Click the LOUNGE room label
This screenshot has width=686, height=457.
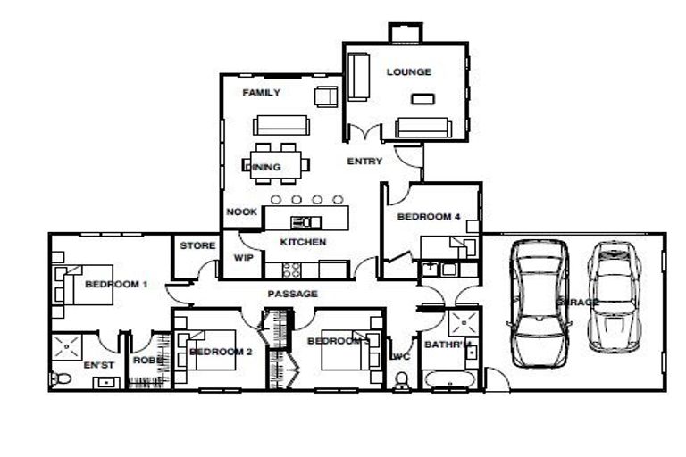point(408,72)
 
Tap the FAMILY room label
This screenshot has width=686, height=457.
point(261,93)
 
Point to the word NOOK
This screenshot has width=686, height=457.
point(241,212)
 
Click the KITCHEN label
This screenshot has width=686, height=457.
point(303,242)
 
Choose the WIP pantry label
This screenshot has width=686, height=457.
point(243,258)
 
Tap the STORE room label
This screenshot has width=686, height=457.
point(197,246)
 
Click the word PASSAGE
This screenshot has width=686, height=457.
point(292,294)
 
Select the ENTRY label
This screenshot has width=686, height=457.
point(364,162)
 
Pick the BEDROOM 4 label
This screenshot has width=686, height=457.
point(429,217)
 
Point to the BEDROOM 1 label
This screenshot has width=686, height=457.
point(115,285)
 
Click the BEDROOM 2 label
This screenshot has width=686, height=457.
point(221,352)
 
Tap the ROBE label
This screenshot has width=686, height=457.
point(145,361)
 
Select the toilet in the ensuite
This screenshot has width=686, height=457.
point(62,379)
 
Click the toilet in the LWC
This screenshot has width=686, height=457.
point(401,382)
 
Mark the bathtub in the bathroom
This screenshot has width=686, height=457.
point(452,383)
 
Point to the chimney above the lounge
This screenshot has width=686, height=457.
point(404,32)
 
